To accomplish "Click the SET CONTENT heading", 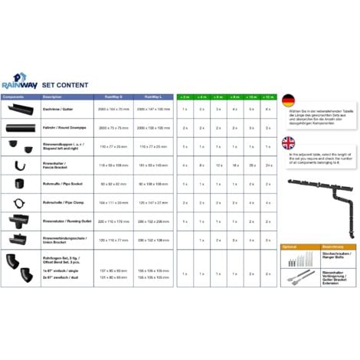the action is point(66,84).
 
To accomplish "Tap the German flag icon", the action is point(288,101).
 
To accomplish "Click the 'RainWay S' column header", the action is point(112,97).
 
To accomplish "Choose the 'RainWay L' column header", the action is point(152,97).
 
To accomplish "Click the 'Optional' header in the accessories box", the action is point(290,247).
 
